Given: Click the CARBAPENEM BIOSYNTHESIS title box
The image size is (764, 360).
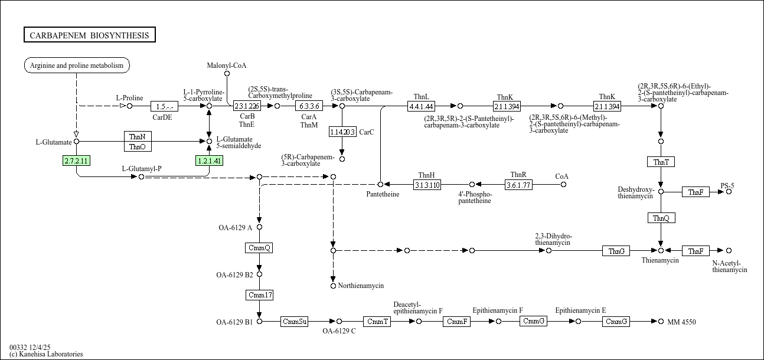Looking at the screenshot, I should (90, 35).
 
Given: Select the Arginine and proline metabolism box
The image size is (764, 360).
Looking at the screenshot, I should (77, 66).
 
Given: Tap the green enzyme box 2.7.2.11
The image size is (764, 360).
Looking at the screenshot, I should (76, 161).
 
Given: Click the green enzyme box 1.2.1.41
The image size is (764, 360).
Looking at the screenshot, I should (209, 161).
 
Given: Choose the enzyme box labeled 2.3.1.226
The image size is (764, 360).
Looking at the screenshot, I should (247, 106).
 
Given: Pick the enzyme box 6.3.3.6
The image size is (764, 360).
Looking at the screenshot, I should (309, 106).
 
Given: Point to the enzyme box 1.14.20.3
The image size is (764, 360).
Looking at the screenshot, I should (342, 132).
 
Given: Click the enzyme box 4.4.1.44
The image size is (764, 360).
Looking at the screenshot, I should (421, 106).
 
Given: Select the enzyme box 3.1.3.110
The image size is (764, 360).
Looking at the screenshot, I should (427, 185).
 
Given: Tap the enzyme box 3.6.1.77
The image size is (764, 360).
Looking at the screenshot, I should (518, 185).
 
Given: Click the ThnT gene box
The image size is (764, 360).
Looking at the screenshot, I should (661, 162).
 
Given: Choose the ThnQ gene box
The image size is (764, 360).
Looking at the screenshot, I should (661, 218).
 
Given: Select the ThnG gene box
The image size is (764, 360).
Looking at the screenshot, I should (616, 251).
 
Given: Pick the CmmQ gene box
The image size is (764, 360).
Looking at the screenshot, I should (259, 248).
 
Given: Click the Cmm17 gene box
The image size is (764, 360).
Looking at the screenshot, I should (259, 294).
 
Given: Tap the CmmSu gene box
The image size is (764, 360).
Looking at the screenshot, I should (295, 322).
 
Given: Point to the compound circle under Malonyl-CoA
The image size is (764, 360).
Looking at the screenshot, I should (227, 74).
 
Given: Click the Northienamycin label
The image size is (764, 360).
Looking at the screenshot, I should (361, 286).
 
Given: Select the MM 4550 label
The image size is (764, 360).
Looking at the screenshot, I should (681, 322).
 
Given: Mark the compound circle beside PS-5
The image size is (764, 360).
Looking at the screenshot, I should (729, 192).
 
